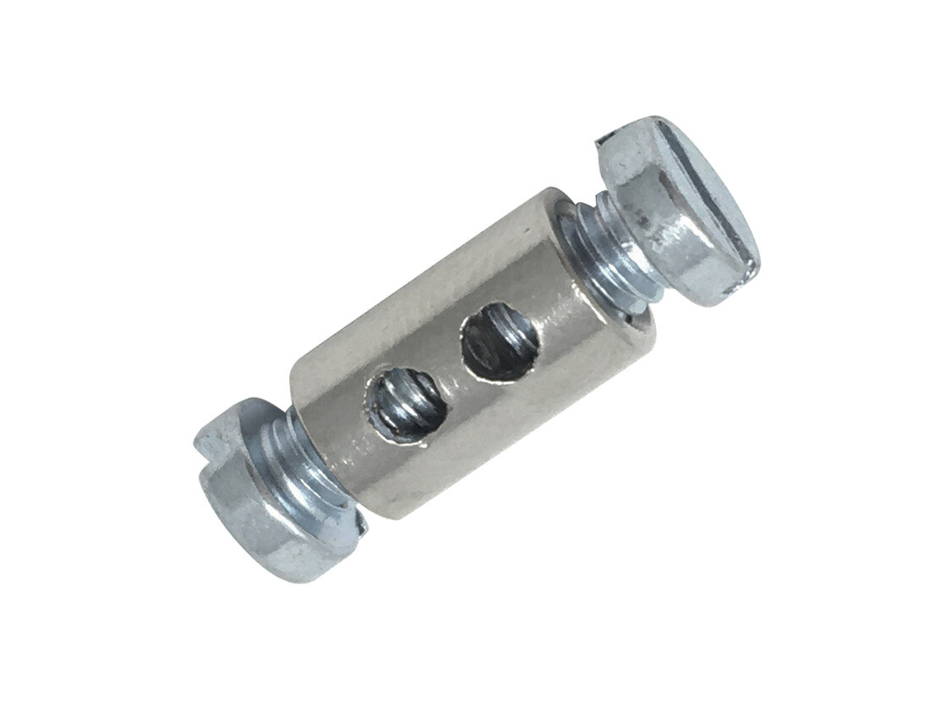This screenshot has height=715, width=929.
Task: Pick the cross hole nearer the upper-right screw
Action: (500, 341)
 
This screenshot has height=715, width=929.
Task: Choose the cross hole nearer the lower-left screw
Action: (406, 404)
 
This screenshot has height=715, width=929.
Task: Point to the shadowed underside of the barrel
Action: (490, 456)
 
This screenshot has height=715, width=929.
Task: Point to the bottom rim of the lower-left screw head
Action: (279, 575)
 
